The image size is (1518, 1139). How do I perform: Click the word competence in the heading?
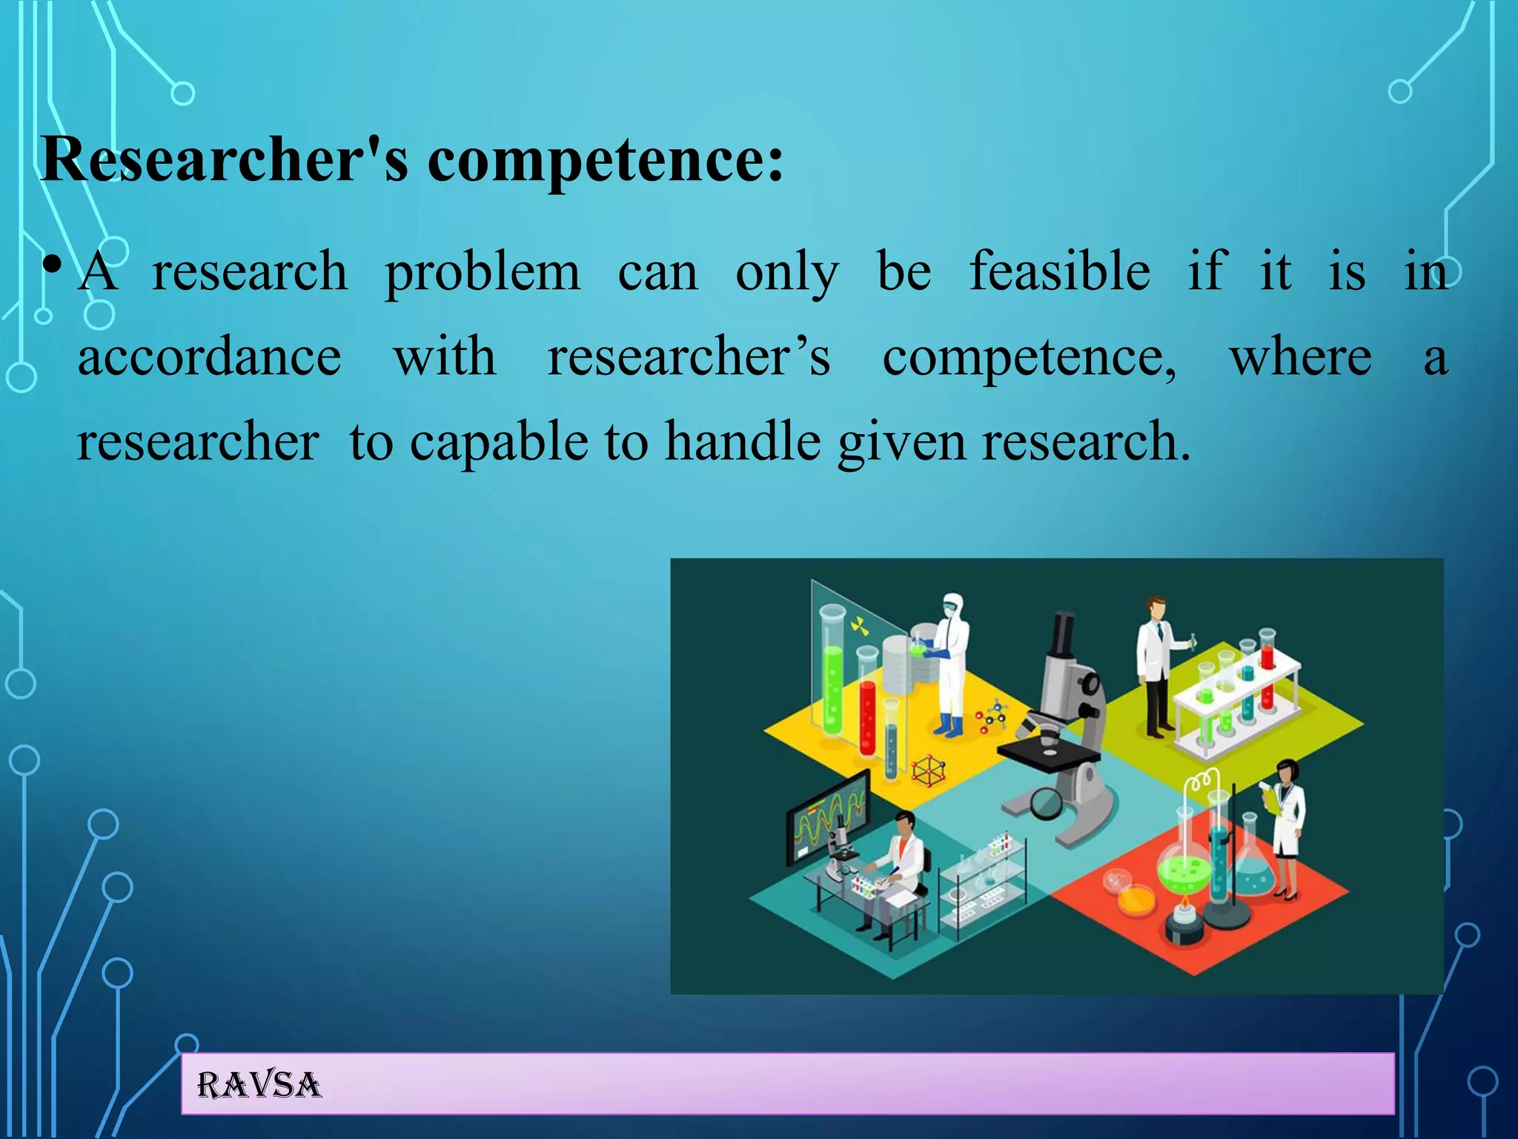coord(604,161)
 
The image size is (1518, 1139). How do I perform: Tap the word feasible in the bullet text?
coord(1060,272)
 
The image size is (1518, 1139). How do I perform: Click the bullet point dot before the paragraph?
coord(51,265)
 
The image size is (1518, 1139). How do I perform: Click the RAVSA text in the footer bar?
coord(259,1086)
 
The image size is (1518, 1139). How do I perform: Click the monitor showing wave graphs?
coord(827,816)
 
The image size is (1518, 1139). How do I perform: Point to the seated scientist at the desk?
coord(897,868)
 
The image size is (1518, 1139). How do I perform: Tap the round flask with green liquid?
coord(1184,868)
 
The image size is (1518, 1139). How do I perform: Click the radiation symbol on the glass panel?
coord(859,627)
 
